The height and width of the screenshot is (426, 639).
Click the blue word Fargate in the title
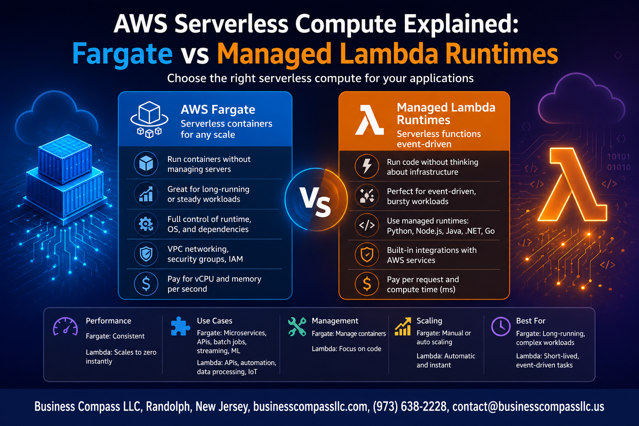click(x=122, y=54)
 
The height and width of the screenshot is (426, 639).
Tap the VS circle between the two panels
click(x=316, y=199)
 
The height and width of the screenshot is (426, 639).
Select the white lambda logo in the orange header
click(x=369, y=119)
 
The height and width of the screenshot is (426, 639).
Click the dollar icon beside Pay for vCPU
click(x=146, y=284)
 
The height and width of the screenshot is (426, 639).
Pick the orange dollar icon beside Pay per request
click(x=367, y=284)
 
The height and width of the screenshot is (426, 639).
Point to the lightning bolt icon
click(x=367, y=166)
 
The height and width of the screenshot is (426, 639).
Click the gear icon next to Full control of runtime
click(x=146, y=224)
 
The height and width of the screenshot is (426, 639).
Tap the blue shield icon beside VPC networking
click(x=146, y=254)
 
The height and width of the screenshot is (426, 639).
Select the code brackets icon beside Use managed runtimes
click(x=367, y=225)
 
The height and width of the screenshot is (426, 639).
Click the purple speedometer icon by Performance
click(x=65, y=327)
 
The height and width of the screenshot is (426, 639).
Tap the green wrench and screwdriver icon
click(x=297, y=326)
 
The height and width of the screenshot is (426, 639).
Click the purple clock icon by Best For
click(x=500, y=326)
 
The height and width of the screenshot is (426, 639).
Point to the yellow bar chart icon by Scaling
click(x=403, y=327)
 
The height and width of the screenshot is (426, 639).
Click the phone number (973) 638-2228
click(x=410, y=406)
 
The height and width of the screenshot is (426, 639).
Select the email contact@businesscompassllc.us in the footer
click(x=528, y=406)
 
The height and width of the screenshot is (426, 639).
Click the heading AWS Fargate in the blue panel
click(x=218, y=109)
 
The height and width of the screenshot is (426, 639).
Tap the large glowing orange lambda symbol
click(x=572, y=184)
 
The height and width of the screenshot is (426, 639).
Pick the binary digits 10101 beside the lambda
click(x=619, y=156)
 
